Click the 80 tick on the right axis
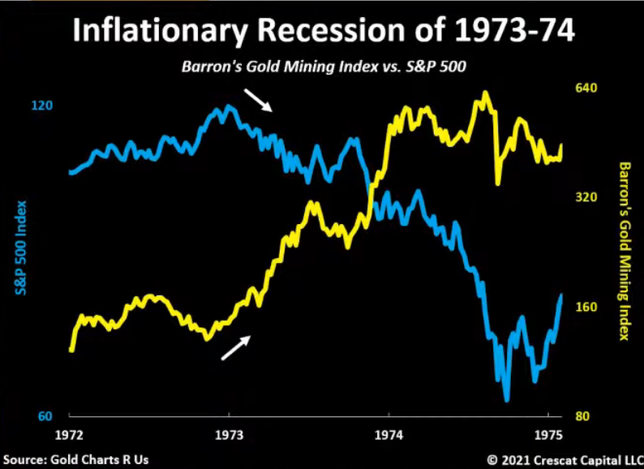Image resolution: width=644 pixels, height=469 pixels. point(583,417)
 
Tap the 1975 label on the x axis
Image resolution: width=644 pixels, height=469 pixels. point(549,435)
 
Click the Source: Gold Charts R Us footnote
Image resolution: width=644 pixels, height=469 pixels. point(75,459)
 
